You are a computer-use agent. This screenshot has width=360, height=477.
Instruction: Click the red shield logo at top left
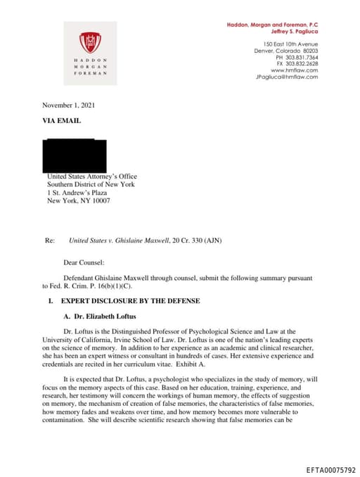(89, 42)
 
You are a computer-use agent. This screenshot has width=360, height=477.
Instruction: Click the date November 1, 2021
(68, 106)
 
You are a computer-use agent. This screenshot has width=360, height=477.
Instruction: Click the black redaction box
(75, 154)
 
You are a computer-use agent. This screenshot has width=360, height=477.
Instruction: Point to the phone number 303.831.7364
(300, 58)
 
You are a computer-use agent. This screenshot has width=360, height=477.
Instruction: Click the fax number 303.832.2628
(300, 64)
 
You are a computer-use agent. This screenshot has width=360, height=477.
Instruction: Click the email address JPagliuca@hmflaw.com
(287, 77)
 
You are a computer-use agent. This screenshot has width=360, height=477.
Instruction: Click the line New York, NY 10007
(78, 201)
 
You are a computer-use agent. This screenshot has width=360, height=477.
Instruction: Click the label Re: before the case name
(49, 241)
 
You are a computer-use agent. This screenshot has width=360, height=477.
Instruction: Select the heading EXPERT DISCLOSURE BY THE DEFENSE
(131, 301)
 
